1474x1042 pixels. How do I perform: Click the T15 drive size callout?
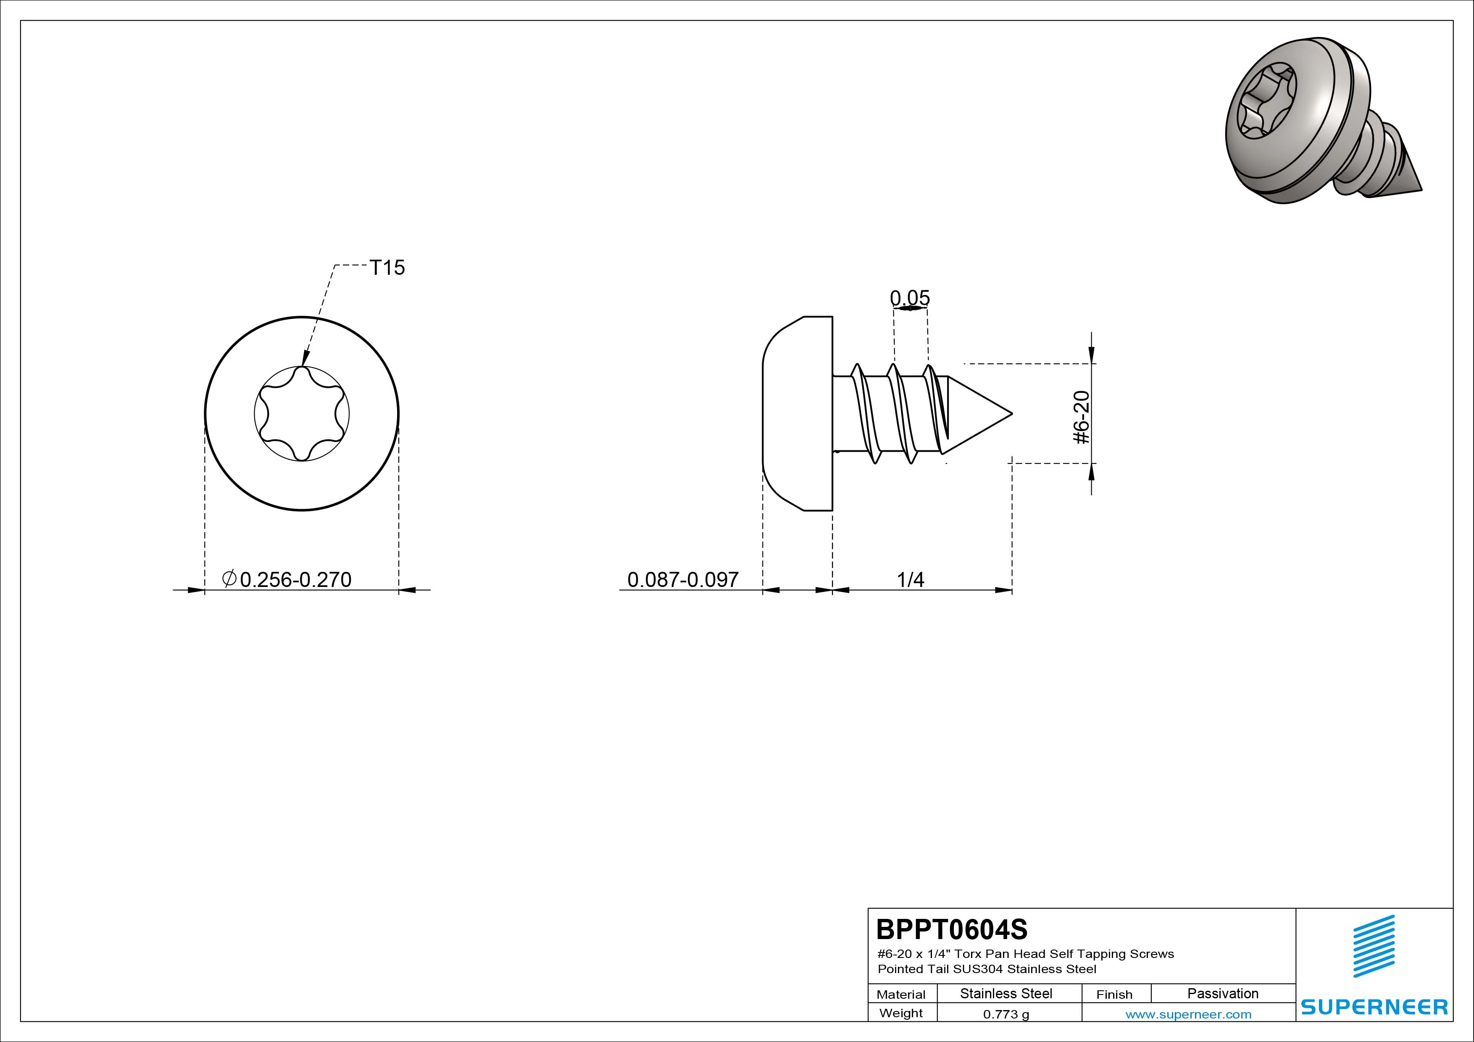pos(387,267)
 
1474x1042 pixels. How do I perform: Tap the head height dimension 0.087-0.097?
pos(683,580)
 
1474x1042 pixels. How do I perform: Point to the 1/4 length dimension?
pos(911,580)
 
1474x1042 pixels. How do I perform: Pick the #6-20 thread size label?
pos(1082,417)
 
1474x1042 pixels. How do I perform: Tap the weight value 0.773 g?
pos(1006,1014)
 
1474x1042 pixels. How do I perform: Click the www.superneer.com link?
pos(1188,1014)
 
